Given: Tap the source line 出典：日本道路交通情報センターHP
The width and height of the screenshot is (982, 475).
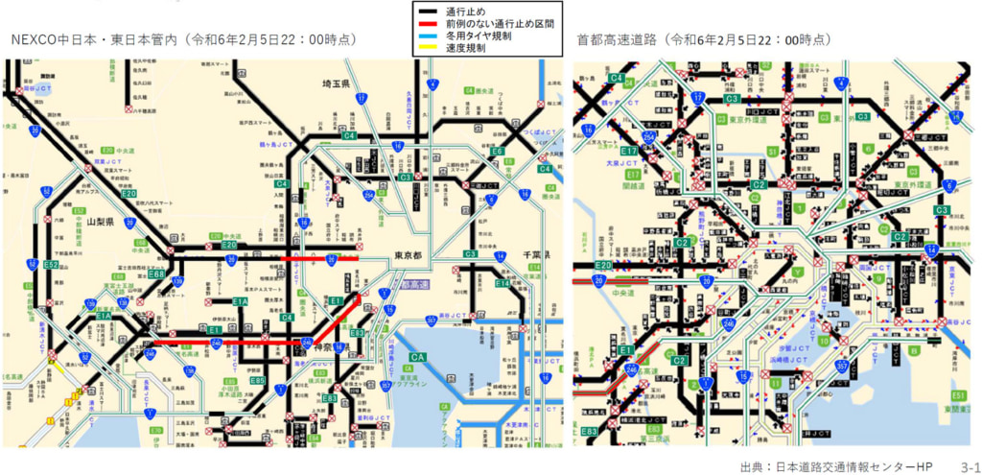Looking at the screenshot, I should click(x=836, y=465).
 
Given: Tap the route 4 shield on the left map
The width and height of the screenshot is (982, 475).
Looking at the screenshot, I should click(x=433, y=84).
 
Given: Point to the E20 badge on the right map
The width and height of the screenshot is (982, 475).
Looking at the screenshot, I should click(x=603, y=265).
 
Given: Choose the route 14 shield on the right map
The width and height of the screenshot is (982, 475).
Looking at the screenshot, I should click(x=931, y=250).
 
